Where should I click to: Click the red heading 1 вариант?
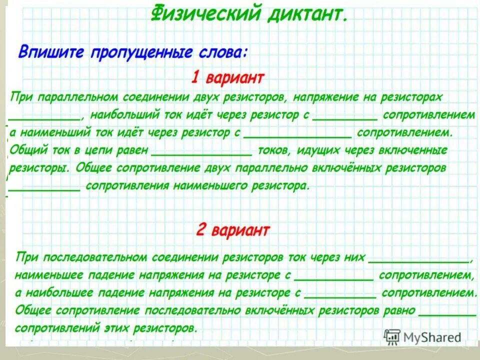(227, 78)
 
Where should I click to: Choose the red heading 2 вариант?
(232, 230)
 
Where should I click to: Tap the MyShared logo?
(422, 336)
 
